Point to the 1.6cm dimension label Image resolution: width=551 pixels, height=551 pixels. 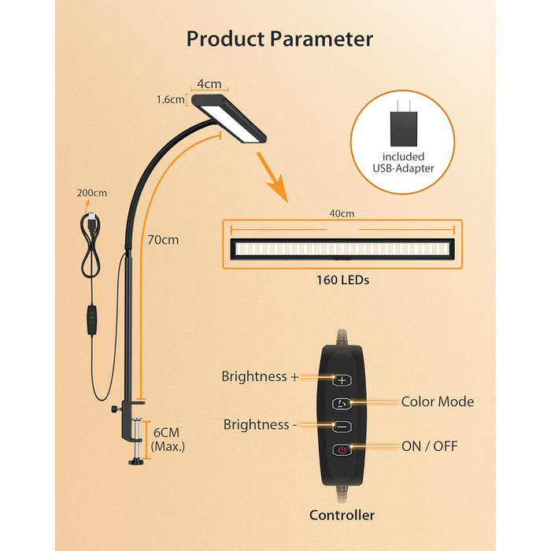[x=169, y=100]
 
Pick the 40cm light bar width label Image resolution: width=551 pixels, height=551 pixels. [x=342, y=213]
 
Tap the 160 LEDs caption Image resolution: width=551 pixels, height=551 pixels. [x=342, y=279]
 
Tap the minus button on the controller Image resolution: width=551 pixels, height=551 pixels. [x=342, y=427]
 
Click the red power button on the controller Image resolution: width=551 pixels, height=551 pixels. [x=342, y=450]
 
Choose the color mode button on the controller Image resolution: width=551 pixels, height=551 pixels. [x=342, y=403]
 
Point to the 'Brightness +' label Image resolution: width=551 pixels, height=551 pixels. [x=261, y=377]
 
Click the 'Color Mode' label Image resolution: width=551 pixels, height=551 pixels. [x=438, y=402]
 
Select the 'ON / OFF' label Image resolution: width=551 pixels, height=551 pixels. [x=429, y=447]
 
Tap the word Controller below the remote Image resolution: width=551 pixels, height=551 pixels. [x=342, y=516]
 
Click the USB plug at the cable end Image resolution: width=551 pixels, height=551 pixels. [x=93, y=219]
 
